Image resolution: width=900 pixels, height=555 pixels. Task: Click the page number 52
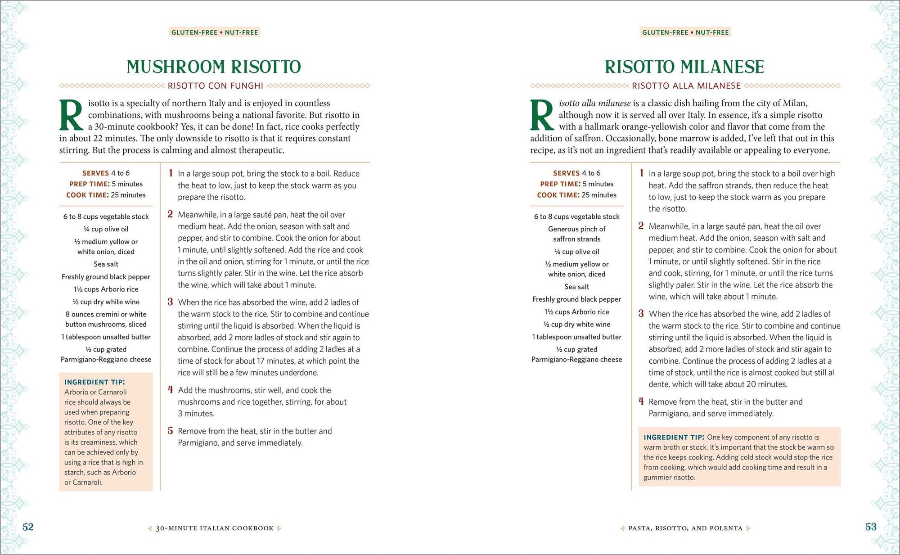point(28,527)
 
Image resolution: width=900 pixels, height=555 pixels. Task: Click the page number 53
point(871,527)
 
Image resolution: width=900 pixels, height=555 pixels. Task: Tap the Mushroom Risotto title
point(214,67)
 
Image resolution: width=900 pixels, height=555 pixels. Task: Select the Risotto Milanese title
point(684,67)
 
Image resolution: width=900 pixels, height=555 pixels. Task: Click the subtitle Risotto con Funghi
point(215,86)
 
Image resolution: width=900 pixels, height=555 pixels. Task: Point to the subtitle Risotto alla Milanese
point(686,86)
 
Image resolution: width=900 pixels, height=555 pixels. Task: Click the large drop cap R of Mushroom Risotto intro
point(71,115)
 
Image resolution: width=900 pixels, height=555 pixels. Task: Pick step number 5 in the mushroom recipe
point(171,431)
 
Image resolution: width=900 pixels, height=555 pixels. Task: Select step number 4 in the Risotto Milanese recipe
point(641,401)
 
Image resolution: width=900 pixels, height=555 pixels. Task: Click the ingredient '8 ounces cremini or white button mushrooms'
point(106,319)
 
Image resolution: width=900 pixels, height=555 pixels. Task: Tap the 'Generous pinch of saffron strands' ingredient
point(576,234)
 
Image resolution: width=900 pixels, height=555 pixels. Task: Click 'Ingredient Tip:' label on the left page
point(94,382)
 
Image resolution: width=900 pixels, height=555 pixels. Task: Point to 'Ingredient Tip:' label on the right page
point(674,437)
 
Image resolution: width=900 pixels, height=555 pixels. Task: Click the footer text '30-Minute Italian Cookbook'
point(215,528)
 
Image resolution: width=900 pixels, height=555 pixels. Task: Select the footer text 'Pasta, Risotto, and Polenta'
point(685,528)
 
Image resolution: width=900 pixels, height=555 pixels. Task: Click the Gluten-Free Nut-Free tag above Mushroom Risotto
point(215,32)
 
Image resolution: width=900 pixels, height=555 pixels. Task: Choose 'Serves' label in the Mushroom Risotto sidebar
point(95,173)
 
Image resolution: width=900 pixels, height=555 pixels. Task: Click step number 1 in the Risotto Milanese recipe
point(641,173)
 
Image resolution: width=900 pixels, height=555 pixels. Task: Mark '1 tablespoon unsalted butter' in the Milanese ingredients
point(576,337)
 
